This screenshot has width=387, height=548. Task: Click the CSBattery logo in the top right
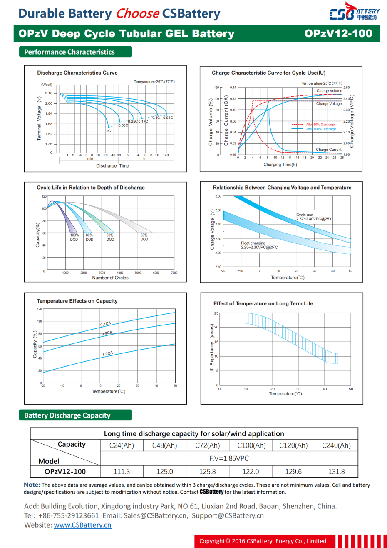pos(354,13)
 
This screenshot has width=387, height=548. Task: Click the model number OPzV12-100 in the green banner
pos(338,34)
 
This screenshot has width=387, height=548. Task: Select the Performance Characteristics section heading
pos(69,52)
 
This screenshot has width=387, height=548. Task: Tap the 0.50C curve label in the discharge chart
pos(123,125)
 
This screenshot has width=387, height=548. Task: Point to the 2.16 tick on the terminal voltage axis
pos(49,93)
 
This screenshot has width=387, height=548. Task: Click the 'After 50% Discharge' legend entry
pos(320,125)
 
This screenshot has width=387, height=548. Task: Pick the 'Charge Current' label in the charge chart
pos(328,150)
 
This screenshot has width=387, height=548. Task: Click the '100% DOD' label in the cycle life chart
pos(74,238)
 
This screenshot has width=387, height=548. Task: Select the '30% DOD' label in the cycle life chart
pos(144,238)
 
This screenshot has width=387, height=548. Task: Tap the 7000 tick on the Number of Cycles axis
pos(174,273)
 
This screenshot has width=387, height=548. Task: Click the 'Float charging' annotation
pos(253,243)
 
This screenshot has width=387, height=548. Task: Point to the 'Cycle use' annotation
pos(305,215)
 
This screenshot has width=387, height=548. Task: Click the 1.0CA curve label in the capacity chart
pos(107,354)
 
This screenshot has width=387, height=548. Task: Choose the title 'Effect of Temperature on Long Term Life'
pos(263,303)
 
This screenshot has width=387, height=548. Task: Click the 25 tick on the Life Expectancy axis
pos(216,313)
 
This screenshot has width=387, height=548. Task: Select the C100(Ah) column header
pos(251,445)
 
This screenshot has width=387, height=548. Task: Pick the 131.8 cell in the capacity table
pos(336,472)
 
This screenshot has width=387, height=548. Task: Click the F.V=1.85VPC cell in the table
pos(229,458)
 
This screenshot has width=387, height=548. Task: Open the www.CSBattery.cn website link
pos(82,525)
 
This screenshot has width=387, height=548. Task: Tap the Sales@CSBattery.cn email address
pos(155,516)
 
